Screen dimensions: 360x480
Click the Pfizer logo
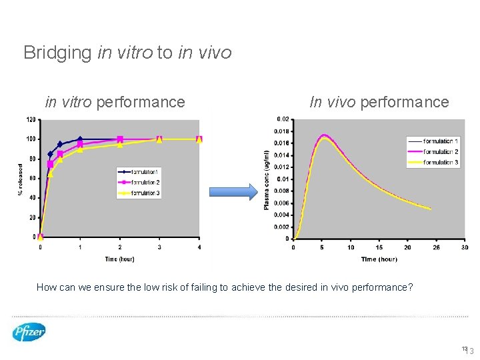coord(29,331)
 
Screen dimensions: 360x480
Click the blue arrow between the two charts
coord(233,193)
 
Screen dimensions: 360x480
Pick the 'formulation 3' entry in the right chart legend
coord(433,162)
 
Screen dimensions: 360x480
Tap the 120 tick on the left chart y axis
coord(31,120)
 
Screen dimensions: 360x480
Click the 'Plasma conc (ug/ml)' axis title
coord(267,179)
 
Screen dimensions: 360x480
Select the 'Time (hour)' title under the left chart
coord(120,259)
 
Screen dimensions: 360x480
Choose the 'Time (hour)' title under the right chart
coord(379,259)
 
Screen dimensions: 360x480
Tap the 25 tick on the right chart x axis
coord(436,247)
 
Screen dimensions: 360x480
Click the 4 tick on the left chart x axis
coord(199,247)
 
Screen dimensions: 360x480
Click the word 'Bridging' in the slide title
coord(57,52)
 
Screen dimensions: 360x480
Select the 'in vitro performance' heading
coord(115,102)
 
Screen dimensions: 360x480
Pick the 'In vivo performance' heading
coord(379,102)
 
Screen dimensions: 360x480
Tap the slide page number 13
coord(469,351)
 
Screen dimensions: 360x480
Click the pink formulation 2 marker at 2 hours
coord(120,139)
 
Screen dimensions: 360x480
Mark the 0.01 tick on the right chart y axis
coord(283,179)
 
